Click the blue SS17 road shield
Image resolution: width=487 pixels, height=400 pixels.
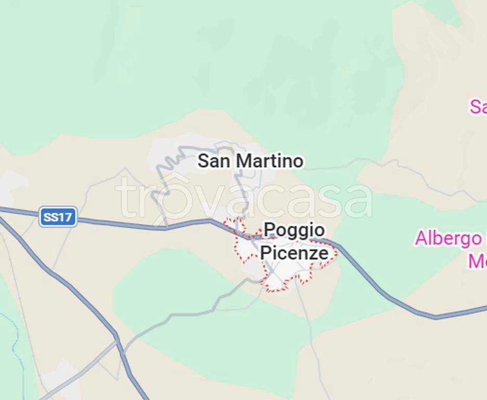click(58, 217)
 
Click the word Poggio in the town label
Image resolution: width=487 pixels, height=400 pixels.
click(294, 230)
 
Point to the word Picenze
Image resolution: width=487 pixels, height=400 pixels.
click(294, 253)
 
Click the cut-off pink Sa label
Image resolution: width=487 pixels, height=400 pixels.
click(478, 106)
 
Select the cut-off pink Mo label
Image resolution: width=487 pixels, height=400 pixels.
click(478, 261)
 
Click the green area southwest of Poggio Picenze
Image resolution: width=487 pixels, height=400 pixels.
click(172, 281)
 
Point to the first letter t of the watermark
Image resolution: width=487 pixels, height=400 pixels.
click(125, 199)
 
